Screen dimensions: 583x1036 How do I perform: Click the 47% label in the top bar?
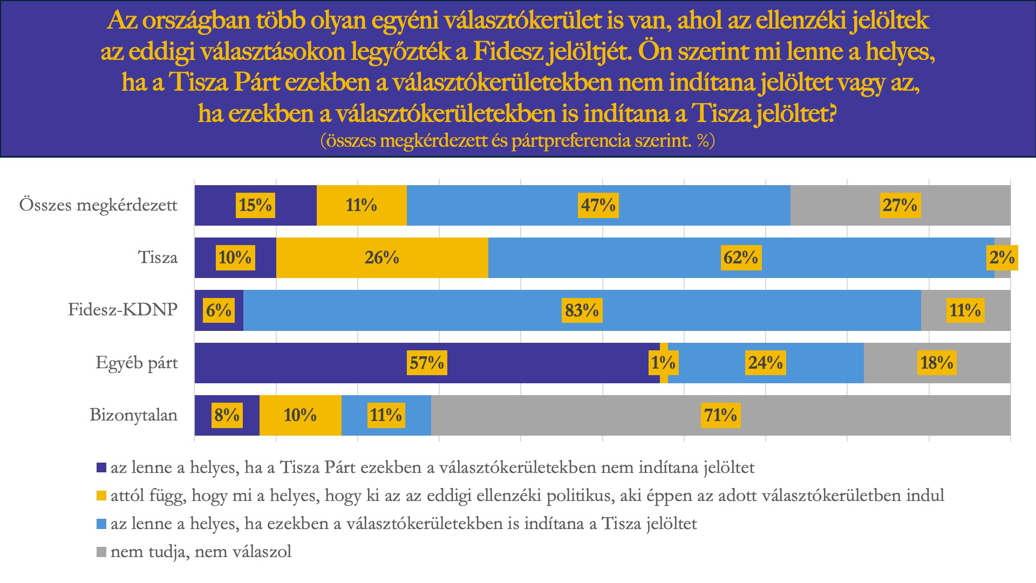pyautogui.click(x=598, y=205)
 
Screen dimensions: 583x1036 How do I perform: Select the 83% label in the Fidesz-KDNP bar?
pyautogui.click(x=582, y=310)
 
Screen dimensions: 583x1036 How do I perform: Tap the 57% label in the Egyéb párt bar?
pyautogui.click(x=427, y=363)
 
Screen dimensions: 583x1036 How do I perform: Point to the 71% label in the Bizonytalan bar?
pyautogui.click(x=720, y=415)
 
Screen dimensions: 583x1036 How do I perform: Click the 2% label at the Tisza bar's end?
pyautogui.click(x=1002, y=257)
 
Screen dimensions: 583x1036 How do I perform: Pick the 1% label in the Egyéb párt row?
pyautogui.click(x=663, y=363)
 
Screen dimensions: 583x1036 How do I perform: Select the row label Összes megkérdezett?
pyautogui.click(x=98, y=206)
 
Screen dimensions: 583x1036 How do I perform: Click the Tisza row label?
pyautogui.click(x=158, y=258)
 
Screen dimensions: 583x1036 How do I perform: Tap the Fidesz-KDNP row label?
pyautogui.click(x=122, y=310)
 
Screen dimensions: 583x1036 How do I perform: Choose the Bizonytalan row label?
pyautogui.click(x=133, y=415)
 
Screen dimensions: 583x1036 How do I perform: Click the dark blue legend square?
pyautogui.click(x=101, y=467)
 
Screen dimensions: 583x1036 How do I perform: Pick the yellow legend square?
pyautogui.click(x=101, y=496)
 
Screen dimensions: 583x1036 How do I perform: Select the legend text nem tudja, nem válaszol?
pyautogui.click(x=201, y=552)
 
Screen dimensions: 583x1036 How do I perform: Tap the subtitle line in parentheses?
pyautogui.click(x=517, y=141)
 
